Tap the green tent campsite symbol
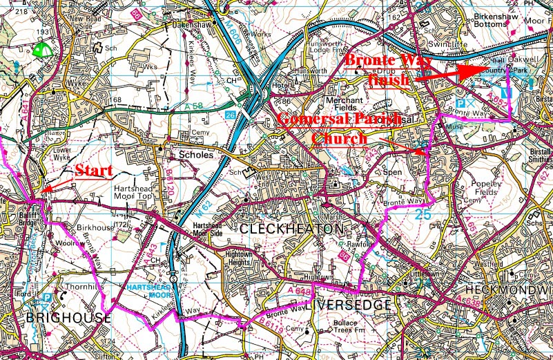point(43,50)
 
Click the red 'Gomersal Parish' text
point(339,120)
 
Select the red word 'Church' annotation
point(339,139)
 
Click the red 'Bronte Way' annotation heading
point(389,61)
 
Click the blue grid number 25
point(425,216)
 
